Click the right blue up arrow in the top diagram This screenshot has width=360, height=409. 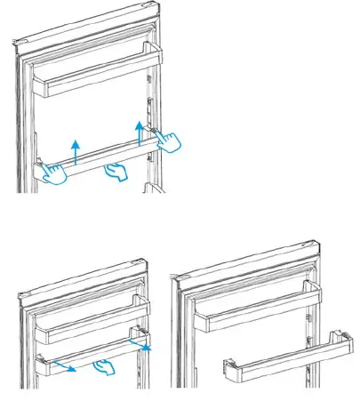140,130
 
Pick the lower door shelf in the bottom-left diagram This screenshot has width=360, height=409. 89,356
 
